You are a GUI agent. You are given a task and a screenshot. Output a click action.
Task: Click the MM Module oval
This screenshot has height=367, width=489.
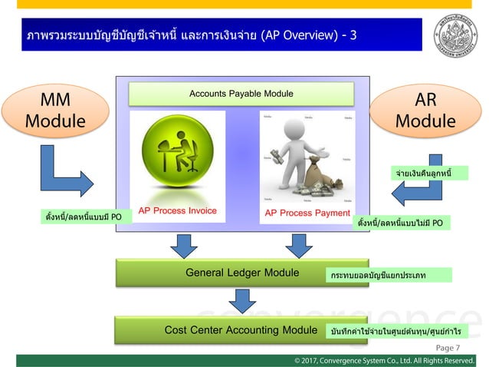point(55,111)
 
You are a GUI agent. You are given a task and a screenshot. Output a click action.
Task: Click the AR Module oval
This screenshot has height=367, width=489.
point(425,112)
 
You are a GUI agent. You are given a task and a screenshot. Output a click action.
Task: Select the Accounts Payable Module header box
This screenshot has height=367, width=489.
point(241,94)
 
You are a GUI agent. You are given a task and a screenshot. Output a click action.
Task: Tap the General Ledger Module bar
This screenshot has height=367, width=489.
point(220,273)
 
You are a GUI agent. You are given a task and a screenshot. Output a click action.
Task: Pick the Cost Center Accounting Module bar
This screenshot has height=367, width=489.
point(219,330)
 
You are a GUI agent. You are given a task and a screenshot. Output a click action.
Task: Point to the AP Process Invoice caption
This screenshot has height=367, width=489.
point(177,210)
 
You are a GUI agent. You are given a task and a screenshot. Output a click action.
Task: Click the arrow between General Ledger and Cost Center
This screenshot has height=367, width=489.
point(241,301)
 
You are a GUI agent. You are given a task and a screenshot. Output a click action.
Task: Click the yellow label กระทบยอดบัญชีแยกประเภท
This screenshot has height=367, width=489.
point(389,274)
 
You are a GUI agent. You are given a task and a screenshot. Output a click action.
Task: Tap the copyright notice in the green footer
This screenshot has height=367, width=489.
point(384,359)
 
